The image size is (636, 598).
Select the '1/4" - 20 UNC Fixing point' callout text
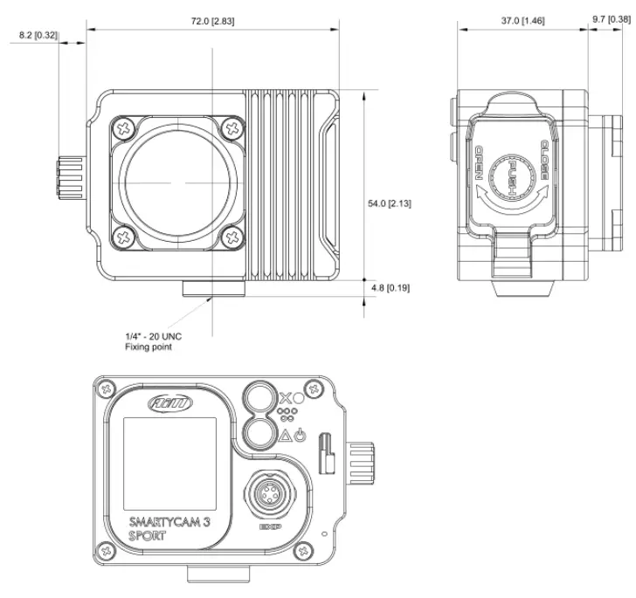(153, 341)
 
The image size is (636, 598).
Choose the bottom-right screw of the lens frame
(231, 235)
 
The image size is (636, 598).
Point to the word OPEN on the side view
(479, 162)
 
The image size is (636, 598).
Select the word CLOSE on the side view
(543, 159)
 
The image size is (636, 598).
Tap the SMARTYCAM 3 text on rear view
(167, 523)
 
